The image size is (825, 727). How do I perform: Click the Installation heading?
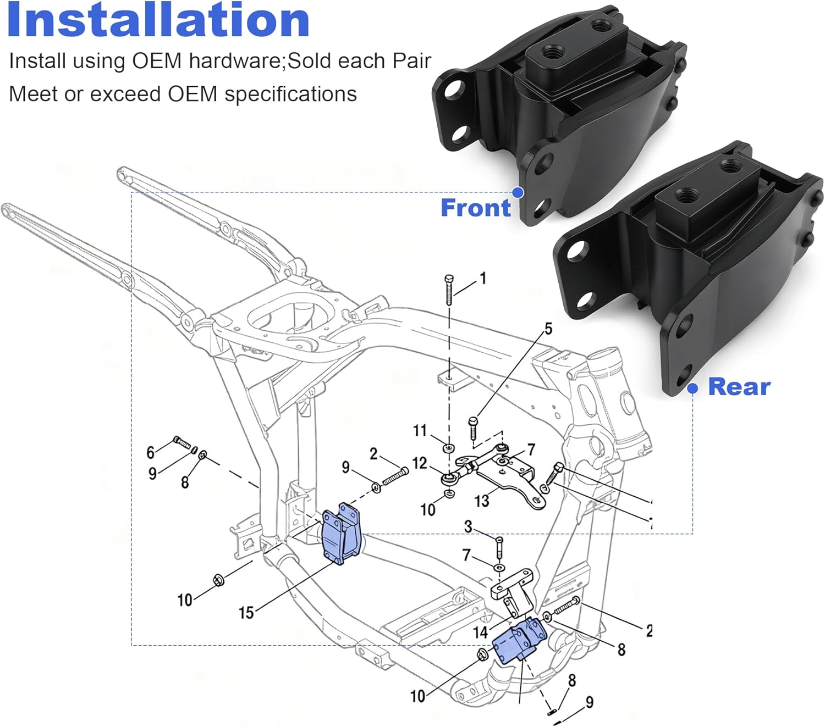tap(158, 21)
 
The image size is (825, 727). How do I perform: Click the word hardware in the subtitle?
tap(234, 61)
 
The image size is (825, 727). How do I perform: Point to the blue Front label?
tap(476, 208)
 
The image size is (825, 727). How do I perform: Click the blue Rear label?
tap(739, 387)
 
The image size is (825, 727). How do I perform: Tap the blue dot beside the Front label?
tap(518, 192)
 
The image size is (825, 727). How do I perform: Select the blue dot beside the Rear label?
tap(693, 389)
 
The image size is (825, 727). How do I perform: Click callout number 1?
tap(483, 279)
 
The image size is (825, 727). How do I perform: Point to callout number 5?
tap(548, 329)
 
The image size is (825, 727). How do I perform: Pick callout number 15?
tap(246, 612)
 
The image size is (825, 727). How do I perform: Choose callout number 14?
tap(480, 632)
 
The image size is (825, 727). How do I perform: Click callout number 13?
tap(481, 501)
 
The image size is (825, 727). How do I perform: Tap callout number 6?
tap(150, 452)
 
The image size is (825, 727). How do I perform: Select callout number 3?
tap(468, 526)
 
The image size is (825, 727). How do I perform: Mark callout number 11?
tap(420, 430)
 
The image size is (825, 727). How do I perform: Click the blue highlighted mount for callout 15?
tap(340, 534)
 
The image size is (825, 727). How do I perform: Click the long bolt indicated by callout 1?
tap(449, 290)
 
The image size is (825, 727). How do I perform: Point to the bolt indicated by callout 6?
tap(182, 441)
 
